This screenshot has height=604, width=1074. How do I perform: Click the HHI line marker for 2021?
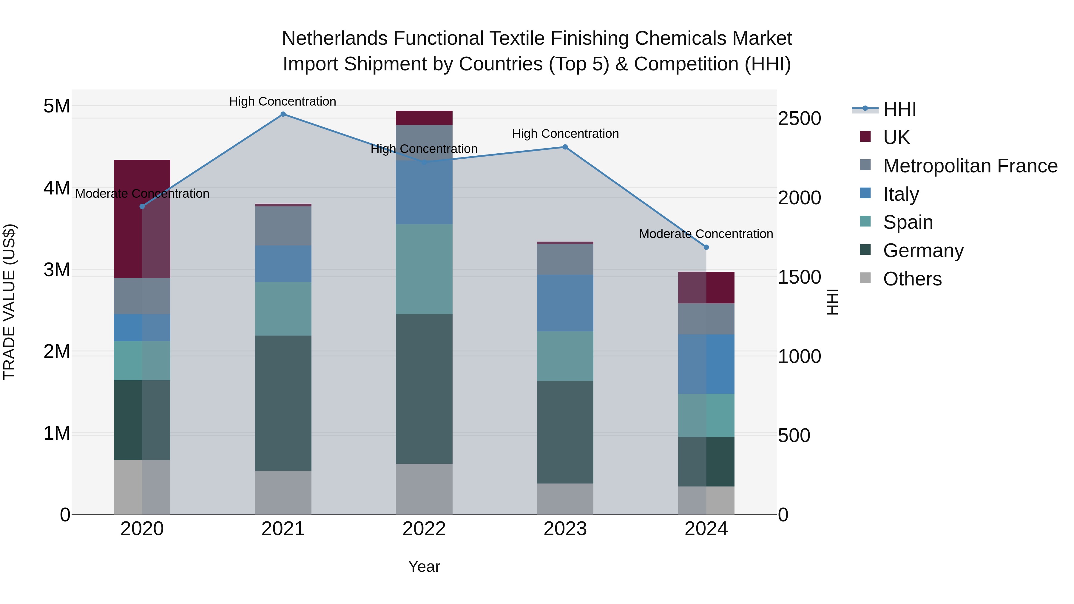coord(283,114)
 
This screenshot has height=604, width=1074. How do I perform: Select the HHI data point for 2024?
coord(706,247)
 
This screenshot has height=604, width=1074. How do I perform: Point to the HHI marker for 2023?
coord(565,147)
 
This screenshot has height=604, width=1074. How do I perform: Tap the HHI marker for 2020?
coord(142,206)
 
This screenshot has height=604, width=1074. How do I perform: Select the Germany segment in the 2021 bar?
coord(283,403)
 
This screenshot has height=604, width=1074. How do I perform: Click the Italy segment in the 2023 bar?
coord(565,303)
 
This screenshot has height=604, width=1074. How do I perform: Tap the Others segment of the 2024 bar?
coord(706,500)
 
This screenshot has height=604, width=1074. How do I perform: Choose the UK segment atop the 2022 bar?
coord(424,118)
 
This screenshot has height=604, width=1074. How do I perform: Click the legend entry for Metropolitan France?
coord(970,166)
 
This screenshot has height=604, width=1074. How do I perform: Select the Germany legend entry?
coord(923,251)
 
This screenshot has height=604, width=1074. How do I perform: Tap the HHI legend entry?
coord(899,109)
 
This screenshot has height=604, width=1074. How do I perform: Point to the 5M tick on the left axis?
coord(57,106)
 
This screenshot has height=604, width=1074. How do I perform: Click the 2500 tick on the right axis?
coord(799,118)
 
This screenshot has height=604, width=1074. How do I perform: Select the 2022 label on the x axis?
coord(424,529)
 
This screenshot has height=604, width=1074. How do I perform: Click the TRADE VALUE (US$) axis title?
coord(9,302)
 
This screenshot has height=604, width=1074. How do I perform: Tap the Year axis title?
coord(424,566)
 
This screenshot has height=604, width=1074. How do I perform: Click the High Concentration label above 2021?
coord(283,101)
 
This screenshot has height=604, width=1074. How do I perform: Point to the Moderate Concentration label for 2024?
coord(706,234)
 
